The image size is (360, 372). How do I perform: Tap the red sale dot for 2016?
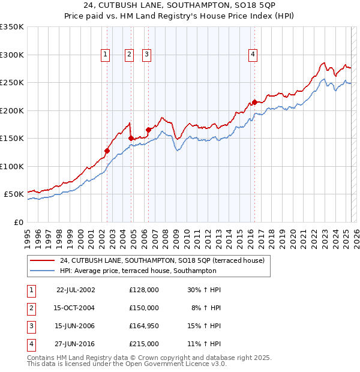[x=254, y=102]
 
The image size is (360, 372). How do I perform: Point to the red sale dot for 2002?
[x=107, y=151]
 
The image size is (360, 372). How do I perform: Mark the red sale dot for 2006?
[x=148, y=130]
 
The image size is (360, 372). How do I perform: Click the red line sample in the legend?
[x=42, y=261]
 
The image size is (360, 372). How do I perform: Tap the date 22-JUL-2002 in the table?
[x=76, y=290]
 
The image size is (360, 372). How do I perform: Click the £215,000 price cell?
[x=144, y=344]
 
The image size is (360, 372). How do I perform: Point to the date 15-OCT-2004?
[x=76, y=308]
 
